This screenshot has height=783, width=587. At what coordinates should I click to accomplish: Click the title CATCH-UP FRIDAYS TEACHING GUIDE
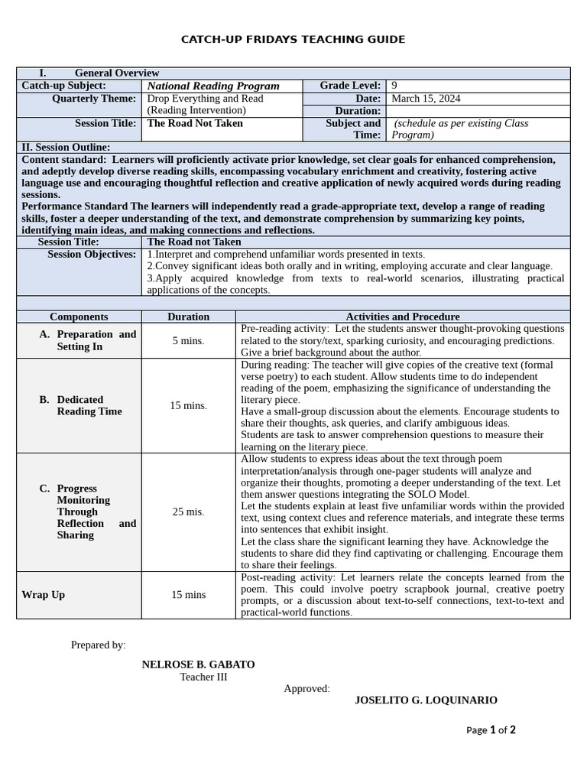[293, 39]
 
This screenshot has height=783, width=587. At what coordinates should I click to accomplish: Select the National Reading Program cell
[213, 86]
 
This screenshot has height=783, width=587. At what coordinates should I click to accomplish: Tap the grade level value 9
[394, 86]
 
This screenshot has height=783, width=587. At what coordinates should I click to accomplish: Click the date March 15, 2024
[426, 99]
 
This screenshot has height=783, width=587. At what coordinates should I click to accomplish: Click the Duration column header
[188, 317]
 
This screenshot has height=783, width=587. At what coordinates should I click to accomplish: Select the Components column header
[79, 317]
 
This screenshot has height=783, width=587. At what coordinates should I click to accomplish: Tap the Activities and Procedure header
[403, 317]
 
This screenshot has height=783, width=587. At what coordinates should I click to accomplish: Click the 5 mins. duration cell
[188, 340]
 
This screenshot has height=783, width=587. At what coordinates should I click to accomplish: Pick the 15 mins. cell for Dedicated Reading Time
[188, 405]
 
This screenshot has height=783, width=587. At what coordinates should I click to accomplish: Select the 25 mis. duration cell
[188, 512]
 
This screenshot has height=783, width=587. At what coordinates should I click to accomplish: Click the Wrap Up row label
[44, 594]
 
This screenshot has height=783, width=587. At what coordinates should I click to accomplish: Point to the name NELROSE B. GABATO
[199, 664]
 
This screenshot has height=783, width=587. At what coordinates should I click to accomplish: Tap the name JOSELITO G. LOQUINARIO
[426, 700]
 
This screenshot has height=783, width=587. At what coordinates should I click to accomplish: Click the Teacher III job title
[203, 677]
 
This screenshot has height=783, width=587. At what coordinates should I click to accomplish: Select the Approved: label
[307, 688]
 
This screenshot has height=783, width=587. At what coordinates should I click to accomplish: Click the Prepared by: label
[99, 645]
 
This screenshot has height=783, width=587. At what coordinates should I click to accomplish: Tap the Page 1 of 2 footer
[491, 729]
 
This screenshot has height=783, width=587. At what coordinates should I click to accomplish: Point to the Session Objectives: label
[92, 255]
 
